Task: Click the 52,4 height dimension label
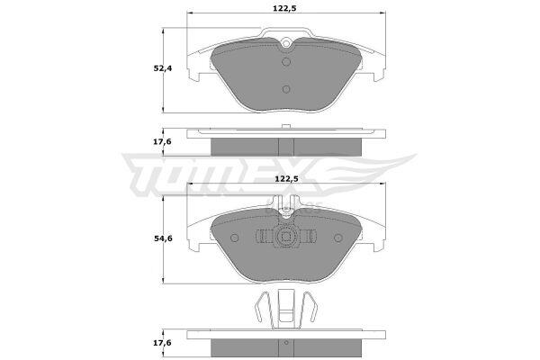click(163, 68)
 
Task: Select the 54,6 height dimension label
click(163, 238)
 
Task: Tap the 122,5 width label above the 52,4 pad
click(284, 9)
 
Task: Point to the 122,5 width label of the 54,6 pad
click(286, 179)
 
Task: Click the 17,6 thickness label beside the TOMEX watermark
click(163, 141)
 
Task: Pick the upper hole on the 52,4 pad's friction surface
click(286, 62)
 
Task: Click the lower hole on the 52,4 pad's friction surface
click(286, 90)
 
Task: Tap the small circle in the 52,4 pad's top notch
click(286, 43)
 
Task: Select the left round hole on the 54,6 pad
click(235, 238)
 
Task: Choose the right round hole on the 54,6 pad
click(338, 238)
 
